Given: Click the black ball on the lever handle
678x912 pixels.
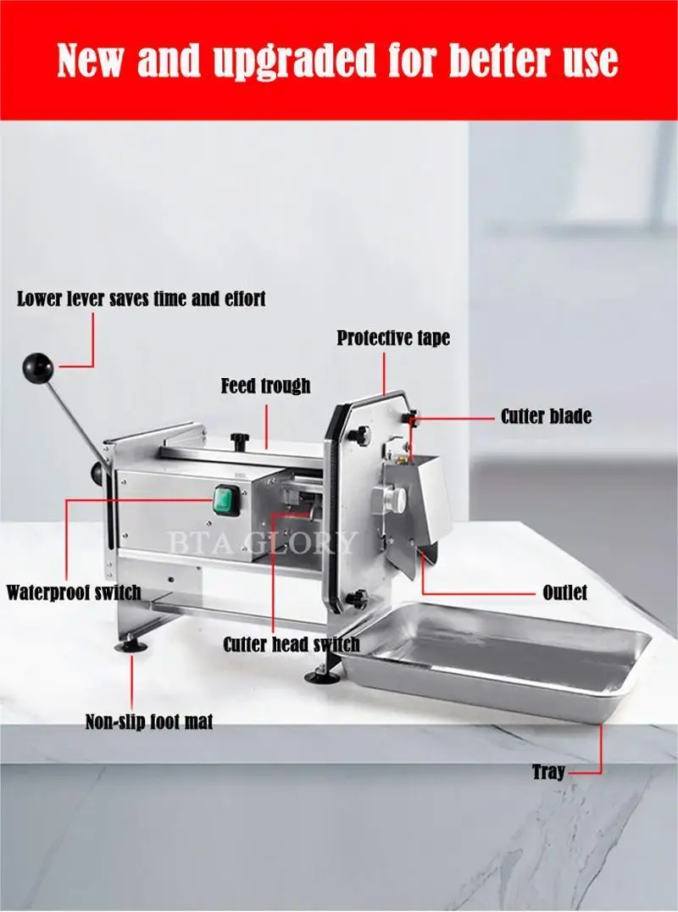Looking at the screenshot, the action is pyautogui.click(x=38, y=368).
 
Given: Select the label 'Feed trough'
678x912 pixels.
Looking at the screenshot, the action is pyautogui.click(x=266, y=386).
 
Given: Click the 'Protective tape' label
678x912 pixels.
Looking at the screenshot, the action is pyautogui.click(x=393, y=338).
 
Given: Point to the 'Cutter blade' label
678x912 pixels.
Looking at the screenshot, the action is pyautogui.click(x=546, y=416).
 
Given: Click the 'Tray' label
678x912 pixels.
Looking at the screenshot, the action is pyautogui.click(x=548, y=772).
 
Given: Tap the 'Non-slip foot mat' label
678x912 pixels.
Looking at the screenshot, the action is pyautogui.click(x=149, y=722).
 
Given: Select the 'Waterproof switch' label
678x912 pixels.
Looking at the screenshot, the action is pyautogui.click(x=74, y=592).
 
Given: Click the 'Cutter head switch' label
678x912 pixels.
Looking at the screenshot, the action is pyautogui.click(x=292, y=644).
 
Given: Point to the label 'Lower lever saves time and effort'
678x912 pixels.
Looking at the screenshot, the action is pyautogui.click(x=142, y=299).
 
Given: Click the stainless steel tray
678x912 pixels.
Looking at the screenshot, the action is pyautogui.click(x=500, y=657).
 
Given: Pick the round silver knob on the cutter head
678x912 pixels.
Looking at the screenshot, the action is pyautogui.click(x=392, y=500).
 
